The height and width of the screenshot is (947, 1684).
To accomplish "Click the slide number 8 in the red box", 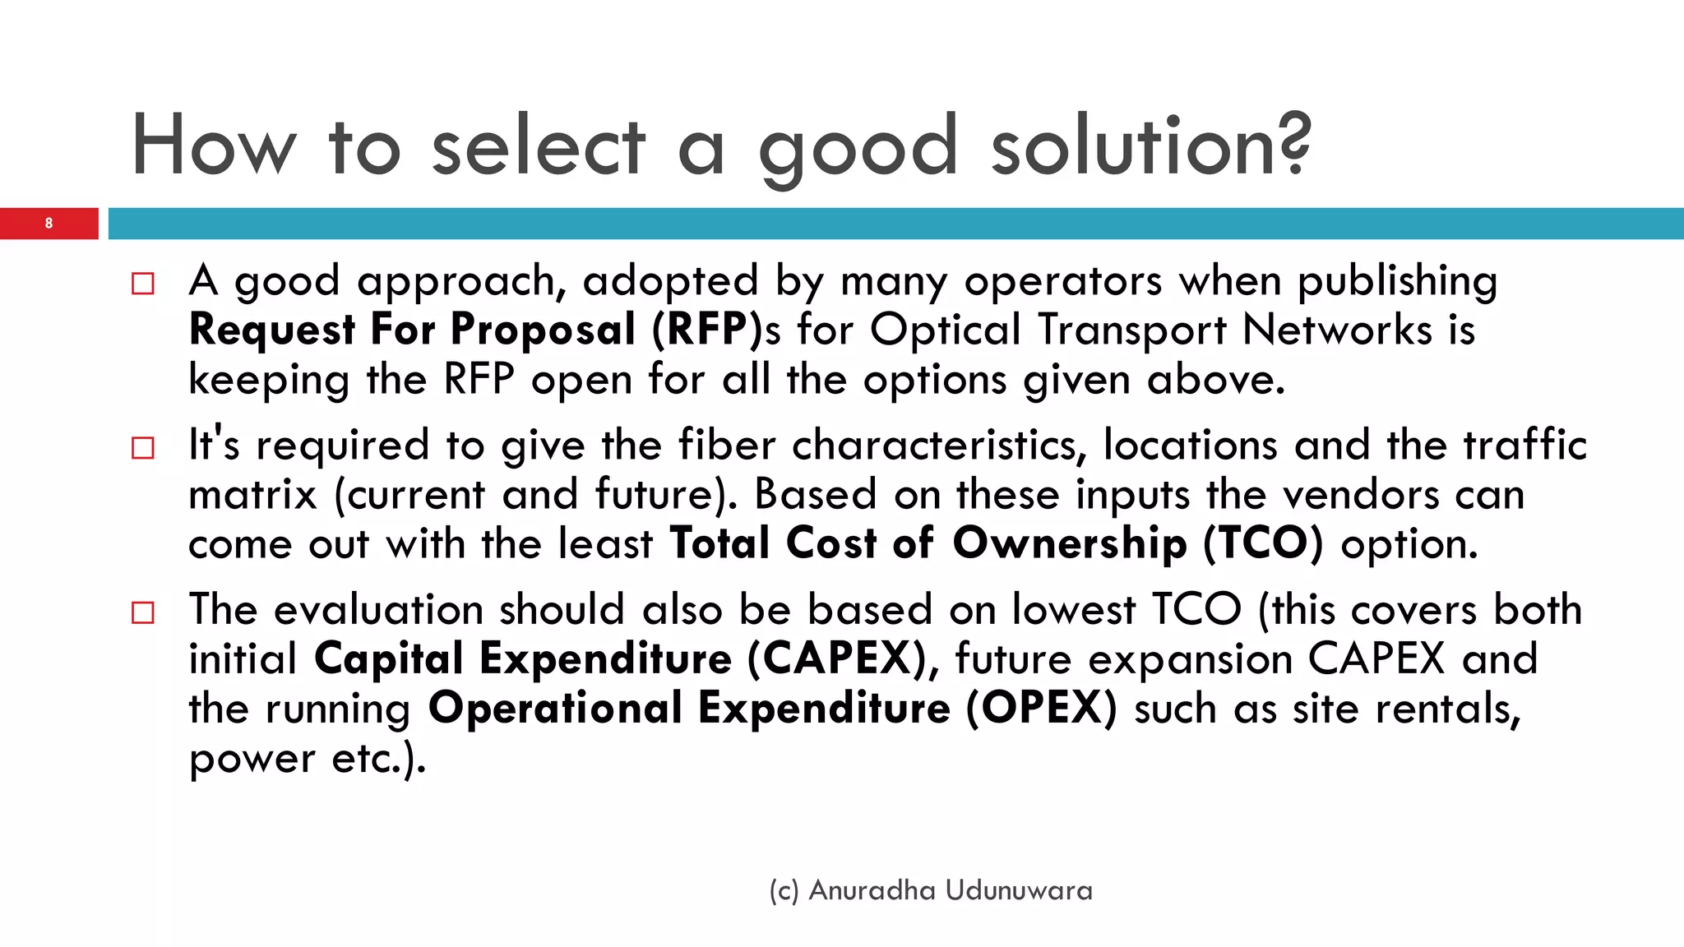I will coord(49,224).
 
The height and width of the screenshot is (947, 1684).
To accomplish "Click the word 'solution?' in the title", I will coord(1151,146).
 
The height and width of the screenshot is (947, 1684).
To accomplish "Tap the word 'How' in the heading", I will coord(214,146).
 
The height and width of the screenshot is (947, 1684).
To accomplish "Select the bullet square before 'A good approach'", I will coord(142,284).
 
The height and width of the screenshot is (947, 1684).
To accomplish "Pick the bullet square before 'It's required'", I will coord(142,448).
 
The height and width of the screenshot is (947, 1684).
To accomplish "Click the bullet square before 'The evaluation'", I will coord(142,612).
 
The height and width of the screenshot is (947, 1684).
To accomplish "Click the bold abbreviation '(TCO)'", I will coord(1263,544).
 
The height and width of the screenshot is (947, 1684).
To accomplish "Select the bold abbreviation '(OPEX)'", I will coord(1042,709).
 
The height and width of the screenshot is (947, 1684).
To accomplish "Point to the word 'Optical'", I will coord(946,330).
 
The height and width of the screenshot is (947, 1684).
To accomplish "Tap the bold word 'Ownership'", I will coord(1070,544).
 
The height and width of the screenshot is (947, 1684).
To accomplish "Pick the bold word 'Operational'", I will coord(556,709).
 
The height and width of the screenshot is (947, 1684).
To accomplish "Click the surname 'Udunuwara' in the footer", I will coord(1019,890).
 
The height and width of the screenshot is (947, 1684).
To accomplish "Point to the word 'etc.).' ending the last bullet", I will coord(379,758).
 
